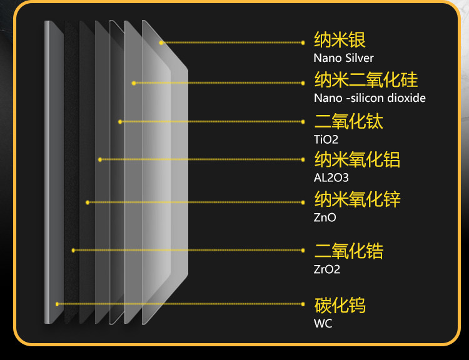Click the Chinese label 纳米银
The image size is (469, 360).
pyautogui.click(x=340, y=41)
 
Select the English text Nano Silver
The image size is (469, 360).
pyautogui.click(x=343, y=58)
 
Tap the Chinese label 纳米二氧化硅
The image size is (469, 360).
pyautogui.click(x=366, y=80)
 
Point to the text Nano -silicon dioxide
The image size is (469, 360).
pyautogui.click(x=370, y=98)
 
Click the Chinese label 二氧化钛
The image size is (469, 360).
pyautogui.click(x=348, y=121)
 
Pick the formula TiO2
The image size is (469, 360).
pyautogui.click(x=326, y=139)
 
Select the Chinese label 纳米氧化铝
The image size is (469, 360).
pyautogui.click(x=357, y=159)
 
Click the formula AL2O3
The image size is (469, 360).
pyautogui.click(x=330, y=178)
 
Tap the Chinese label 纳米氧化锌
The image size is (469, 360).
pyautogui.click(x=357, y=200)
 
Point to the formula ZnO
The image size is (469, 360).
pyautogui.click(x=325, y=218)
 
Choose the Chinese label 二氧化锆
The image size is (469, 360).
pyautogui.click(x=348, y=251)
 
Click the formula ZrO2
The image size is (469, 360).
pyautogui.click(x=327, y=269)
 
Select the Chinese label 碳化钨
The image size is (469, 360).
pyautogui.click(x=340, y=305)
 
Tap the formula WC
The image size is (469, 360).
pyautogui.click(x=323, y=323)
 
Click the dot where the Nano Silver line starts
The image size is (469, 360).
pyautogui.click(x=161, y=42)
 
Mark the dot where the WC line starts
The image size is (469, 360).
pyautogui.click(x=57, y=304)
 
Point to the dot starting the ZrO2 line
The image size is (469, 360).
pyautogui.click(x=73, y=250)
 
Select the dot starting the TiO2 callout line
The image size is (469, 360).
pyautogui.click(x=120, y=121)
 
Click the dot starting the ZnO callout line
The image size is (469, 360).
pyautogui.click(x=88, y=202)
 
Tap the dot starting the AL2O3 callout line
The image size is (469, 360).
pyautogui.click(x=100, y=159)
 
